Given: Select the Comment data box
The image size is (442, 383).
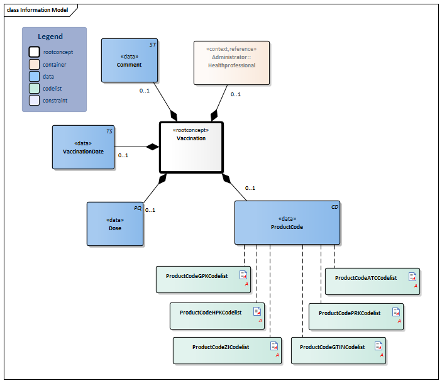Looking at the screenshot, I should [129, 60].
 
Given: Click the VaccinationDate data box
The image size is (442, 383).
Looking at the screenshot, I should [83, 147].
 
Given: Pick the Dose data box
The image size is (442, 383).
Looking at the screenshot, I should [115, 224].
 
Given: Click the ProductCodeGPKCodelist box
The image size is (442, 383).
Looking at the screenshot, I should [202, 279].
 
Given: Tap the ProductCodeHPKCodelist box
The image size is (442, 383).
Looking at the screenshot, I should [217, 315].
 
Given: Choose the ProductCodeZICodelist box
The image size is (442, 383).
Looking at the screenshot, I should [226, 350].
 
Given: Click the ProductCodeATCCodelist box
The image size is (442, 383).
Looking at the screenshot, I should [372, 280].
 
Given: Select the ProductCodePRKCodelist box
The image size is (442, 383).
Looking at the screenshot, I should [356, 316].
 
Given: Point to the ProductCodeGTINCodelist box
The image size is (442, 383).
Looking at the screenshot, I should [338, 350].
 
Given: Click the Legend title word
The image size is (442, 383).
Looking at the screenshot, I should [50, 36].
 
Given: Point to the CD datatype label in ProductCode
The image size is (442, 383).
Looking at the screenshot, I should [335, 206].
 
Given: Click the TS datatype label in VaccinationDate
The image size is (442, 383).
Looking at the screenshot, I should [109, 131].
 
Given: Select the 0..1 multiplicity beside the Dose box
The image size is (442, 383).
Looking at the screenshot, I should [150, 210].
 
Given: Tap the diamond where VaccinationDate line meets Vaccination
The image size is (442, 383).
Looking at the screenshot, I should [152, 147].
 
